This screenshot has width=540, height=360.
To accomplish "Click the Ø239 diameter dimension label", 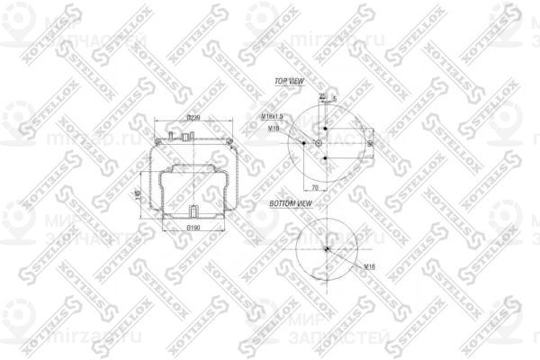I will (x=193, y=118).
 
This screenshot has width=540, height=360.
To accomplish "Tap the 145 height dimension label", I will (x=138, y=193).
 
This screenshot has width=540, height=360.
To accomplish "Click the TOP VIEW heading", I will (x=292, y=81).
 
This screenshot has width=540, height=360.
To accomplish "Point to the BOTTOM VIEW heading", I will (x=292, y=204).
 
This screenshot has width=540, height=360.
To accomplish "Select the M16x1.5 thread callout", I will (x=272, y=117).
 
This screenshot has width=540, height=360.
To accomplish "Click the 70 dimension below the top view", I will (x=315, y=186).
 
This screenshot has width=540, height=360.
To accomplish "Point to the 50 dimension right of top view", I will (x=371, y=142).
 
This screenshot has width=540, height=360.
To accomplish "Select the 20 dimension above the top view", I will (x=322, y=94).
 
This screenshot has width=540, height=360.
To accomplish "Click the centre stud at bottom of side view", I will (x=193, y=212).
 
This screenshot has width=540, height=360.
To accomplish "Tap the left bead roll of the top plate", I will (x=157, y=139).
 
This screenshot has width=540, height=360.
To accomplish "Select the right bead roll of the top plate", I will (x=229, y=139).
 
